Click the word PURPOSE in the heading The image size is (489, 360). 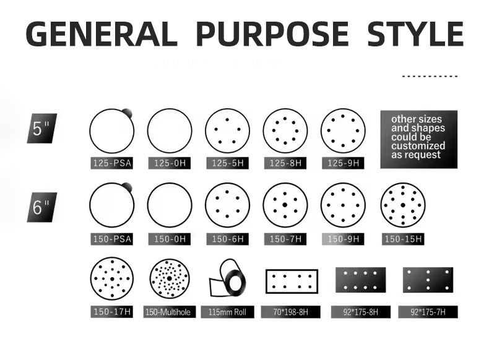(x=272, y=33)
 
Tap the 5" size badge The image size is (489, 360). (x=42, y=129)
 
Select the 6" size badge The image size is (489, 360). (x=42, y=207)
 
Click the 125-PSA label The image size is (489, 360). (x=111, y=163)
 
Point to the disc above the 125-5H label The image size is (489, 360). (x=227, y=131)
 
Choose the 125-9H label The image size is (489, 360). (x=343, y=163)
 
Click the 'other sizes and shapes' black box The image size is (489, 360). (x=419, y=139)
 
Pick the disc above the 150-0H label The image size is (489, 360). (x=170, y=205)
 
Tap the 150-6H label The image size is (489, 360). (x=227, y=239)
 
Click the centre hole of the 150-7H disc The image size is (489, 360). (x=285, y=205)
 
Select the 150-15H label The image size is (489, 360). (x=403, y=239)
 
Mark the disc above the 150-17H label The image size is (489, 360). (x=112, y=278)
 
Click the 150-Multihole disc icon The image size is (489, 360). (x=170, y=278)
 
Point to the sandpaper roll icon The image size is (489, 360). (x=227, y=278)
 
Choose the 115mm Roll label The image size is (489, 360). (x=227, y=312)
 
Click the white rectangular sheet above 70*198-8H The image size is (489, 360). (x=292, y=281)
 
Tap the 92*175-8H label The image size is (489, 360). (x=360, y=312)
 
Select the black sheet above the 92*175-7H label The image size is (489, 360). (x=428, y=280)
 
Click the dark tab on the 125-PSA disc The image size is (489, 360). (x=128, y=113)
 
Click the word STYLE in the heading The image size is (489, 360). (x=415, y=33)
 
